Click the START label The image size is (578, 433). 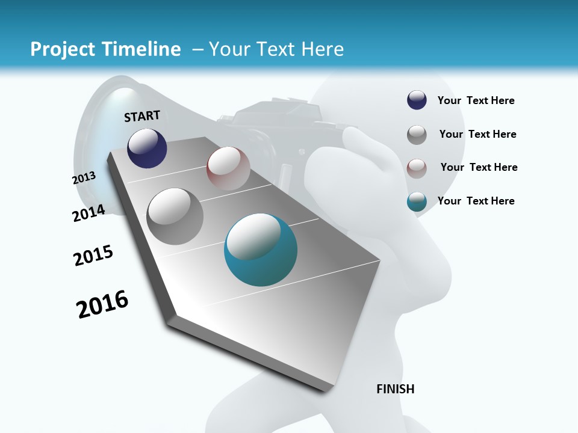coord(142,116)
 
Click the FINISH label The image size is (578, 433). coord(395,389)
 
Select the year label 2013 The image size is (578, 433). coord(84,178)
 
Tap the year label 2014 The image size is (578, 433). coord(89,213)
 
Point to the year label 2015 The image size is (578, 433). coord(93,256)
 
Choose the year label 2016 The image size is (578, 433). coord(102,304)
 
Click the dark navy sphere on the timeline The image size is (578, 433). coord(147,149)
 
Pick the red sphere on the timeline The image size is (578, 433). coord(228,168)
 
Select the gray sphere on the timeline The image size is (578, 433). coord(175,216)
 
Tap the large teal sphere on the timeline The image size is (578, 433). coord(261,250)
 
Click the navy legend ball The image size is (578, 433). coord(417,100)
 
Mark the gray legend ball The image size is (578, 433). coord(417,135)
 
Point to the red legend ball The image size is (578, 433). coord(417,168)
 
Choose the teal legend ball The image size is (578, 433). coord(417,201)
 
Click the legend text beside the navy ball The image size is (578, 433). coord(476,100)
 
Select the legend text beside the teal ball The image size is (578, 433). coord(476,201)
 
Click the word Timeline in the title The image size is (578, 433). coord(141,49)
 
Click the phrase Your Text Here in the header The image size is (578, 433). coord(276,49)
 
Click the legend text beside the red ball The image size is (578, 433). coord(479,167)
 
